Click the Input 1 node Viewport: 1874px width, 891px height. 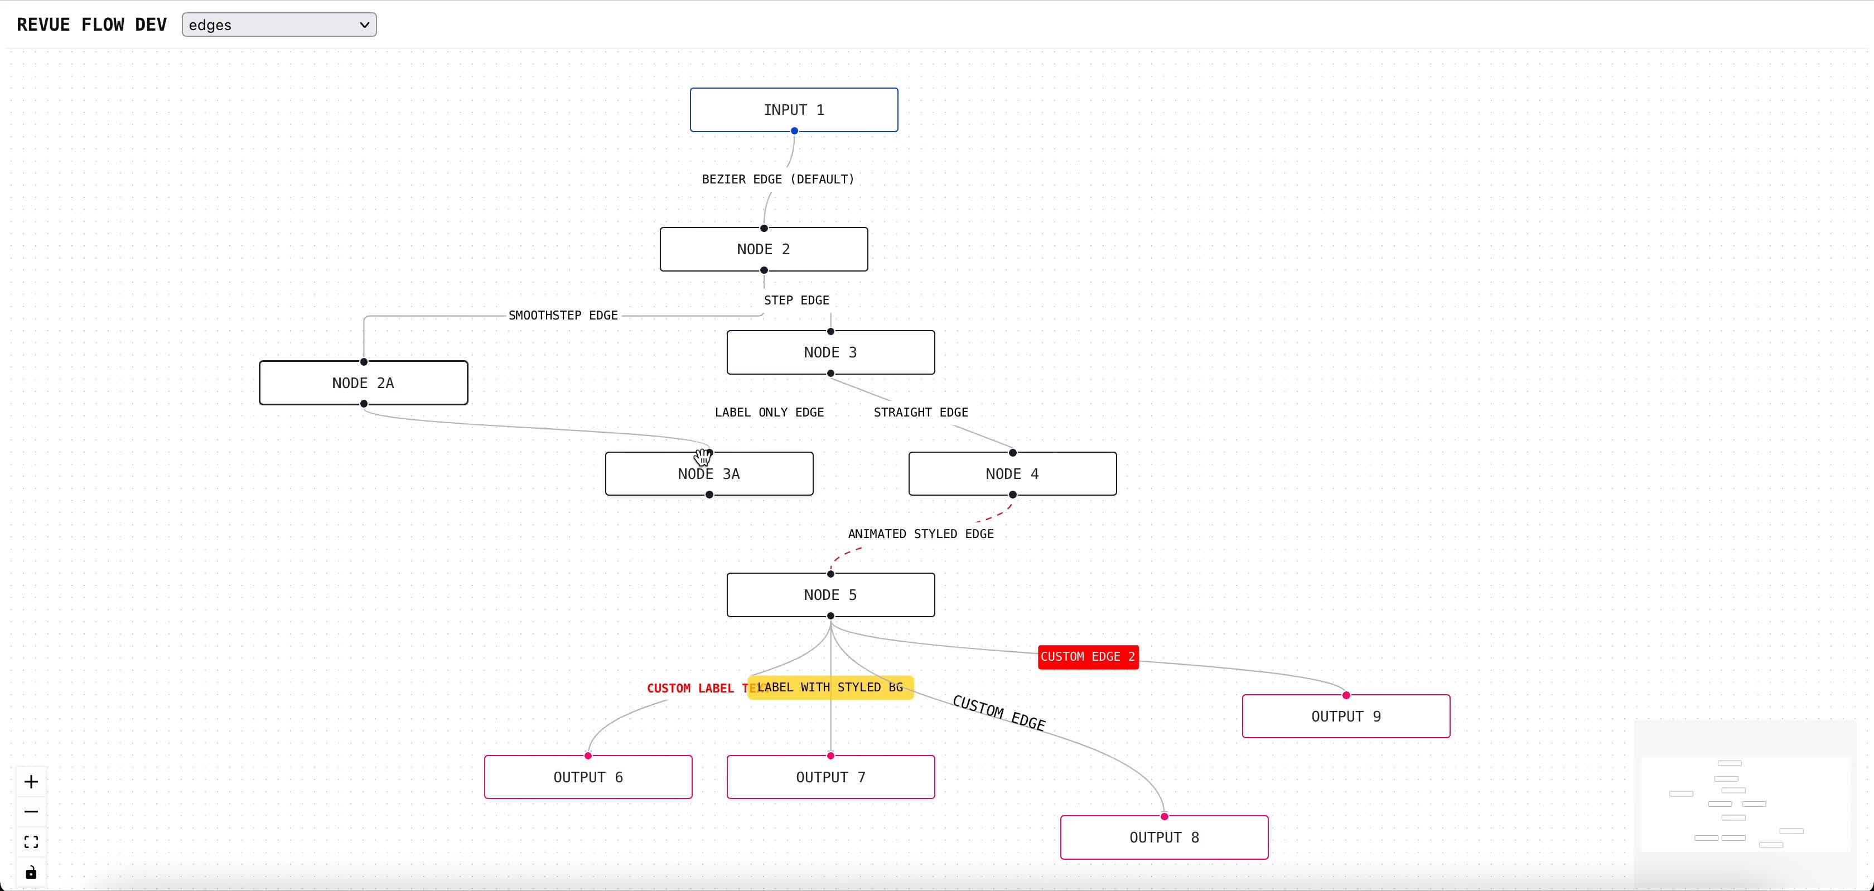(x=793, y=110)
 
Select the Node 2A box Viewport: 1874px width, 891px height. (x=363, y=383)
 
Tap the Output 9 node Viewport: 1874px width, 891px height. (x=1345, y=716)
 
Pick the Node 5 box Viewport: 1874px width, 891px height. (x=830, y=595)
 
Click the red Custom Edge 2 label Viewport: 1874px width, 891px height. (x=1087, y=657)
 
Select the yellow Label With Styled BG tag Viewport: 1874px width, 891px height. (x=830, y=687)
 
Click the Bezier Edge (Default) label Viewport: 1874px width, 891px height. (x=777, y=180)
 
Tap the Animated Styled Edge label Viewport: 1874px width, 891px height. (x=920, y=534)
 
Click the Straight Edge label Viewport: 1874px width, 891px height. (x=920, y=413)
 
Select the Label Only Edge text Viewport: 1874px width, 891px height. (x=769, y=413)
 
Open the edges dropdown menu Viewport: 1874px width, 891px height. (x=279, y=25)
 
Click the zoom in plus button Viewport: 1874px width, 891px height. (x=31, y=782)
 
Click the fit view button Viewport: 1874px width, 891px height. (x=31, y=842)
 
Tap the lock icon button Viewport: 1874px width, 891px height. (x=31, y=873)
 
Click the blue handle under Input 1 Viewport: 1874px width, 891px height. (x=794, y=131)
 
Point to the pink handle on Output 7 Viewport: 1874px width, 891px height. (x=830, y=756)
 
